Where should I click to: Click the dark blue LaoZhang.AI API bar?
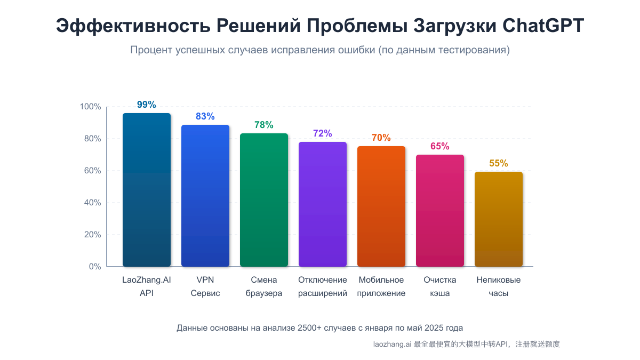[x=147, y=190]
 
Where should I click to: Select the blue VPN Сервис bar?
[x=205, y=196]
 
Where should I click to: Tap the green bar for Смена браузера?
[x=264, y=200]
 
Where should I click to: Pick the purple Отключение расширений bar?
[x=323, y=204]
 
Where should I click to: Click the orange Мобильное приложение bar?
[x=381, y=206]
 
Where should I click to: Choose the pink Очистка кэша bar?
[x=440, y=211]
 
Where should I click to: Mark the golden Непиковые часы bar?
[x=499, y=219]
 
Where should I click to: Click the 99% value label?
[x=147, y=105]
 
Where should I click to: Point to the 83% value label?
[x=205, y=116]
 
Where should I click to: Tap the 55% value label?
[x=499, y=163]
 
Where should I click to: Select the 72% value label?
[x=323, y=133]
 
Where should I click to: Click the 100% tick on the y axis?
[x=90, y=107]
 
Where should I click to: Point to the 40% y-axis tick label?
[x=92, y=203]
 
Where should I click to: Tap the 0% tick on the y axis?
[x=94, y=267]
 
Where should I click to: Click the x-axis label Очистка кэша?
[x=440, y=286]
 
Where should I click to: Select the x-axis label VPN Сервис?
[x=205, y=286]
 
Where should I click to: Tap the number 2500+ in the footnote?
[x=310, y=327]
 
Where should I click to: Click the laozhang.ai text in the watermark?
[x=392, y=345]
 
